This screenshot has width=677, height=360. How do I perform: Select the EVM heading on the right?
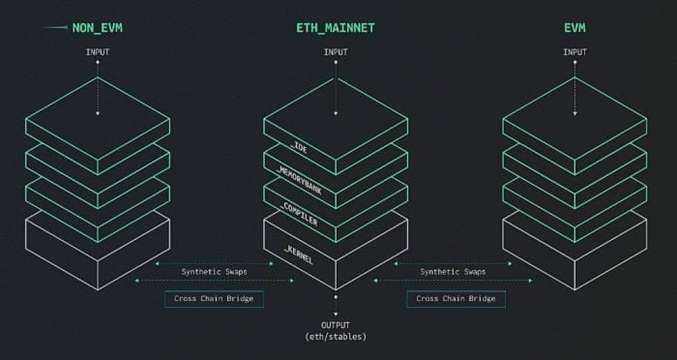[x=576, y=29]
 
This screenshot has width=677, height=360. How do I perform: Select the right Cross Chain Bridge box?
[x=456, y=298]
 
